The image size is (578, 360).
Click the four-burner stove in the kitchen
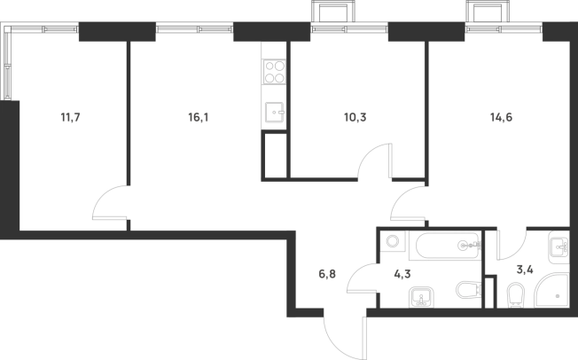click(x=274, y=71)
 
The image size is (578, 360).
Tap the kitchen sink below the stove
click(x=275, y=113)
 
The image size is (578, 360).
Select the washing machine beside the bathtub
click(x=392, y=242)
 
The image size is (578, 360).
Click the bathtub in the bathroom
click(x=444, y=247)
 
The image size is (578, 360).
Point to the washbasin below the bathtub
click(x=420, y=295)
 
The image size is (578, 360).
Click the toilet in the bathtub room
click(x=466, y=290)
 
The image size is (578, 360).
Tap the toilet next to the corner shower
click(x=515, y=293)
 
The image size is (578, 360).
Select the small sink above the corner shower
click(x=558, y=245)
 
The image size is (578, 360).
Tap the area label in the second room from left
click(x=198, y=116)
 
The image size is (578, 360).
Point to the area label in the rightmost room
click(x=503, y=116)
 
